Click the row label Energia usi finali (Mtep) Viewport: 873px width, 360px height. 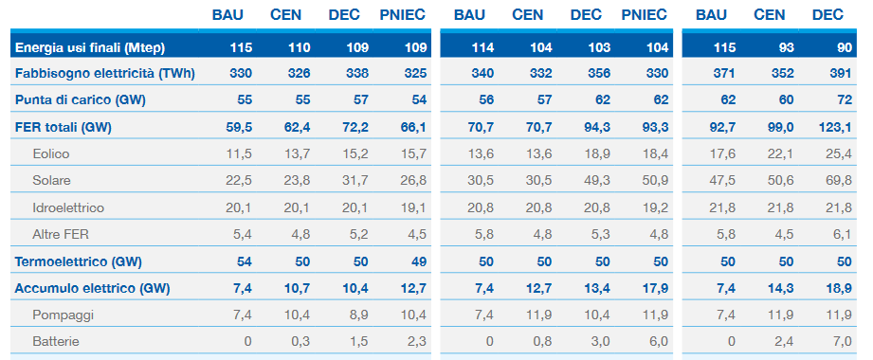coord(90,48)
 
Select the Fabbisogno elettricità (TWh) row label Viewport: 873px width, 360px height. coord(104,74)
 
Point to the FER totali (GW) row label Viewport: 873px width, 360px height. coord(64,127)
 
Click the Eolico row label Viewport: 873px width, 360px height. coord(51,153)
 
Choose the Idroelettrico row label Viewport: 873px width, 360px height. coord(68,207)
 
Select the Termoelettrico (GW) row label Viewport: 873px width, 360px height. coord(79,261)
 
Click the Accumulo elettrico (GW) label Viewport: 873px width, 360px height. coord(93,288)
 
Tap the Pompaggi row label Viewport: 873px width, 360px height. coord(63,315)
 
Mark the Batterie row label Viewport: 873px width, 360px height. coord(56,341)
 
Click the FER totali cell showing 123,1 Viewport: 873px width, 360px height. coord(835,127)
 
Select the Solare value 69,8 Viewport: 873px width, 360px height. coord(839,181)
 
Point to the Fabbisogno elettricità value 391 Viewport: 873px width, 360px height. coord(841,74)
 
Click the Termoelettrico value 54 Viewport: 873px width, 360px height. coord(245,261)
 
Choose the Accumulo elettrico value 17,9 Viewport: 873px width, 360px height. coord(655,288)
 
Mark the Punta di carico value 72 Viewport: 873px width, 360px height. coord(845,100)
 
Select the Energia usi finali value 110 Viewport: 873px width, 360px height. coord(300,48)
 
